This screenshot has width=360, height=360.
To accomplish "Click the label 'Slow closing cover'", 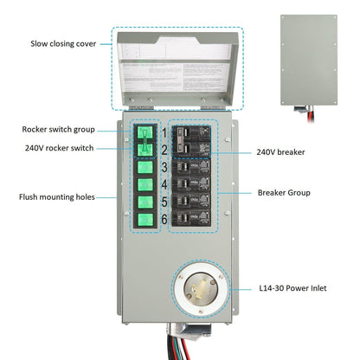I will point(64,42).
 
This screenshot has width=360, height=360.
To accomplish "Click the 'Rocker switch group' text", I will point(60,130).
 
